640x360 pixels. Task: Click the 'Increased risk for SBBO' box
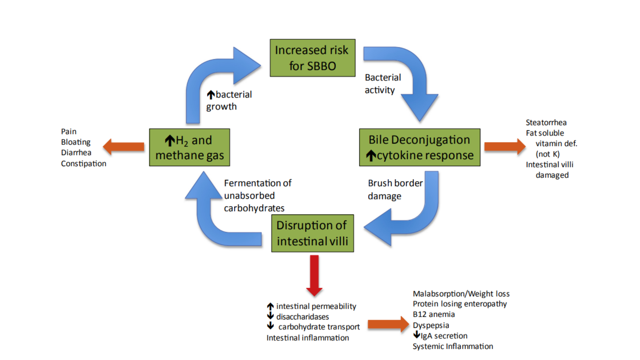312,58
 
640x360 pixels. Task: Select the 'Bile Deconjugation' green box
420,147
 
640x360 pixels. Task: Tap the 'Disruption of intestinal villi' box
312,233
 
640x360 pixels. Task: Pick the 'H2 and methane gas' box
189,147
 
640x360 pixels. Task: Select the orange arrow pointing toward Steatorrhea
505,147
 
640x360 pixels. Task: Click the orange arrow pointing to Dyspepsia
388,324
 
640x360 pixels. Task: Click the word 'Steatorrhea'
546,123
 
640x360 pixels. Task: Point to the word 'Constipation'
84,164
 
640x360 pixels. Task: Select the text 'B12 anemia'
434,314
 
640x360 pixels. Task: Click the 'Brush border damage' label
395,189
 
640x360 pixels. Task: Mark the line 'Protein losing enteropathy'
460,304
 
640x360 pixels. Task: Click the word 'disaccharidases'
302,317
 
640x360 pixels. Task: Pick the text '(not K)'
548,154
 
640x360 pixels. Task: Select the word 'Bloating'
76,142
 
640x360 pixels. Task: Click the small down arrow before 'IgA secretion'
417,335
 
